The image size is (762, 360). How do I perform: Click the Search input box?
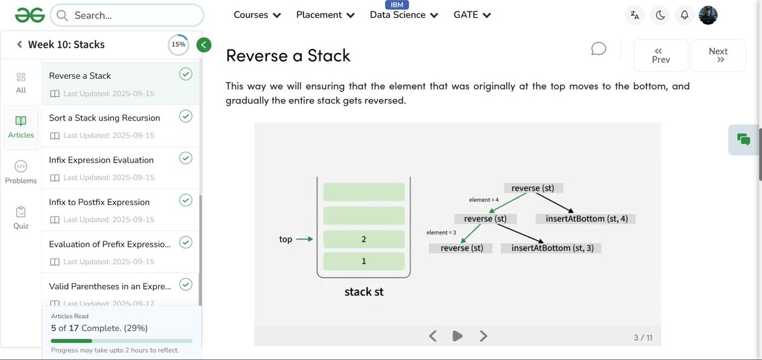click(x=127, y=15)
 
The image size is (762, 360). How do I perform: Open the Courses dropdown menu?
click(x=257, y=15)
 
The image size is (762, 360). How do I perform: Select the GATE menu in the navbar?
click(x=472, y=15)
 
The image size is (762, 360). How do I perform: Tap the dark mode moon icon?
click(x=660, y=15)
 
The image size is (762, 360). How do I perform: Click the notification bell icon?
click(x=684, y=15)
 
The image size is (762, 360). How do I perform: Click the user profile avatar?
click(x=708, y=15)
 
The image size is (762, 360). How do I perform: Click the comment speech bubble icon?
click(x=598, y=49)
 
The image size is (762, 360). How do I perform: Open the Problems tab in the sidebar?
click(x=21, y=172)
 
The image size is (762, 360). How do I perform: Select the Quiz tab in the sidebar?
click(x=21, y=217)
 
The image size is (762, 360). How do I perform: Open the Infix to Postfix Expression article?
click(x=99, y=202)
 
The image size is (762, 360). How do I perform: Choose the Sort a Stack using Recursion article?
click(x=104, y=117)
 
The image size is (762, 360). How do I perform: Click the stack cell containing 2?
click(x=364, y=239)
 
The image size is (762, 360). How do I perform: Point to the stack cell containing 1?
click(x=364, y=261)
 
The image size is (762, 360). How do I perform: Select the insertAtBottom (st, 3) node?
click(x=552, y=248)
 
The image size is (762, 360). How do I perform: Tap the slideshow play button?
click(x=457, y=336)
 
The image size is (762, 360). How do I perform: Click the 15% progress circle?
click(x=178, y=44)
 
